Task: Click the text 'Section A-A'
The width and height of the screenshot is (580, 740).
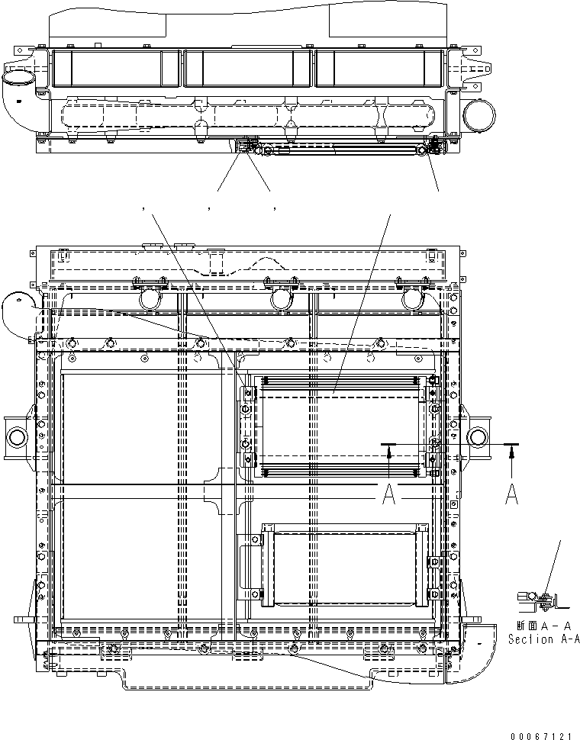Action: tap(543, 639)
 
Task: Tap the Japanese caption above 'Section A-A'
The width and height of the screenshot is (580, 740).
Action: tap(543, 626)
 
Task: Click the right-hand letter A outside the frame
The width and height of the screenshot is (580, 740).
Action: tap(512, 495)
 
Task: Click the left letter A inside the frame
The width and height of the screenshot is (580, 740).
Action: tap(388, 495)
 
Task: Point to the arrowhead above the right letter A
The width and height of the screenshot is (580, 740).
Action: tap(512, 452)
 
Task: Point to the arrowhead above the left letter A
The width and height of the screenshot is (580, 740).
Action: tap(389, 452)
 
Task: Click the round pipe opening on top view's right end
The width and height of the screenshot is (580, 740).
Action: tap(476, 114)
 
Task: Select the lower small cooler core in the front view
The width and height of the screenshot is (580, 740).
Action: tap(340, 565)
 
